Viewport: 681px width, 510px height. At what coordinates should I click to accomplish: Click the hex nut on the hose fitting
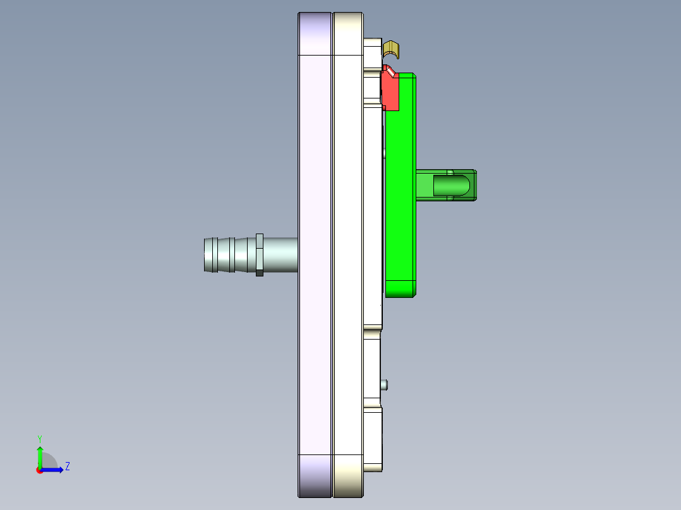[259, 254]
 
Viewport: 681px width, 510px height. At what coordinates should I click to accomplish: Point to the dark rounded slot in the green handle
[451, 186]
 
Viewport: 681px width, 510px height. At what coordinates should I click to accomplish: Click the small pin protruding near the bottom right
[384, 384]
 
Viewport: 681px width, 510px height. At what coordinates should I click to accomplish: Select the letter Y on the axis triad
[40, 438]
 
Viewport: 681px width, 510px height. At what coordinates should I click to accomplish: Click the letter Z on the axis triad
[67, 466]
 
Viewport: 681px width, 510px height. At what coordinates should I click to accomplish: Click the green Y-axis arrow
[40, 456]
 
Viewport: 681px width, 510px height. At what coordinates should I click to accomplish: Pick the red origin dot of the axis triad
[39, 470]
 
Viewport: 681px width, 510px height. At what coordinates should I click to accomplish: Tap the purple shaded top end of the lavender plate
[315, 33]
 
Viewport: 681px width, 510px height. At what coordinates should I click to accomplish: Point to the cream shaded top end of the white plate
[348, 33]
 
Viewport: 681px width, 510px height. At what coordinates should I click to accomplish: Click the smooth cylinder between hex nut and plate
[280, 254]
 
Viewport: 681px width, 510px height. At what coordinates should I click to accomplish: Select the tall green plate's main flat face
[400, 189]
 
